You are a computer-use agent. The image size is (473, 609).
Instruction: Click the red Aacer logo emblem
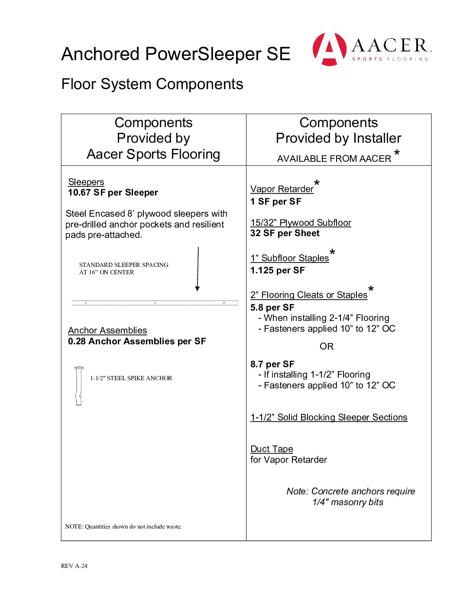(329, 49)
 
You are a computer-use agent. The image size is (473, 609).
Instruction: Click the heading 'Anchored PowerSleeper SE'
(175, 54)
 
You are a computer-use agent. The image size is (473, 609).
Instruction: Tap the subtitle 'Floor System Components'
(152, 84)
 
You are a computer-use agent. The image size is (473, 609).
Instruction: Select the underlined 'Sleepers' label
(86, 182)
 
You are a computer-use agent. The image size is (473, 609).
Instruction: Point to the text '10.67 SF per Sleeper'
(113, 192)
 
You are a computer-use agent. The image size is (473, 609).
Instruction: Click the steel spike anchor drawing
(78, 385)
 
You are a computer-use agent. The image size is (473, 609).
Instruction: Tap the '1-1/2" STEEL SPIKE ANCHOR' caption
(131, 378)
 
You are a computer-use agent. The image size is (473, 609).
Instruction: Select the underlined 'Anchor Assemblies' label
(107, 330)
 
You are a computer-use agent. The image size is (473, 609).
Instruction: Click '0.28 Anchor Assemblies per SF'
(137, 341)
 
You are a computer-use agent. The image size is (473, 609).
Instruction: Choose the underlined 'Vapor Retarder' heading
(282, 189)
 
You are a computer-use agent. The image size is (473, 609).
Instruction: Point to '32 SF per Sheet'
(285, 233)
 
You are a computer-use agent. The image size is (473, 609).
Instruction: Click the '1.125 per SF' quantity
(277, 270)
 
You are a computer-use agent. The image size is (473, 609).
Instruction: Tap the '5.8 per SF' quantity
(272, 308)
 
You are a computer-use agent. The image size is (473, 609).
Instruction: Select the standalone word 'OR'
(327, 346)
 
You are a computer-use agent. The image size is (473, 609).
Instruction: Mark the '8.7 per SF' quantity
(272, 364)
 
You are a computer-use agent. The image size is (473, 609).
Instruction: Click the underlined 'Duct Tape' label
(272, 449)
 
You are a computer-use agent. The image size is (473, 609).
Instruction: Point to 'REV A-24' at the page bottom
(74, 566)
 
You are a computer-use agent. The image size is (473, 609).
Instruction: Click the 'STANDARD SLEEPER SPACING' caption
(123, 265)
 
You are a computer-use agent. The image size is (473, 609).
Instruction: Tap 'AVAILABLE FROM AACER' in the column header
(334, 159)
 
